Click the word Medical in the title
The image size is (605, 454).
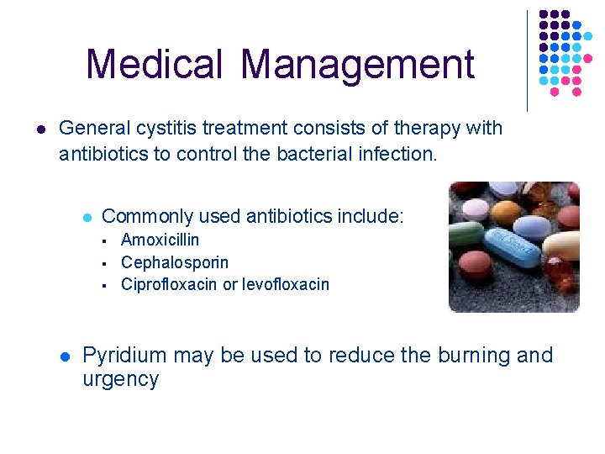[153, 65]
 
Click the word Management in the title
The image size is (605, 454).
[357, 66]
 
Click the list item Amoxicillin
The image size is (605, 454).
[160, 240]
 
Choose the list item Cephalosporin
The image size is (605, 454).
[175, 262]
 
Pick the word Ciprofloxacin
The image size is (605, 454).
[170, 284]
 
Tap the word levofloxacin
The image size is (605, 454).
[286, 284]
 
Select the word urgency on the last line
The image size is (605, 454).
[120, 379]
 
